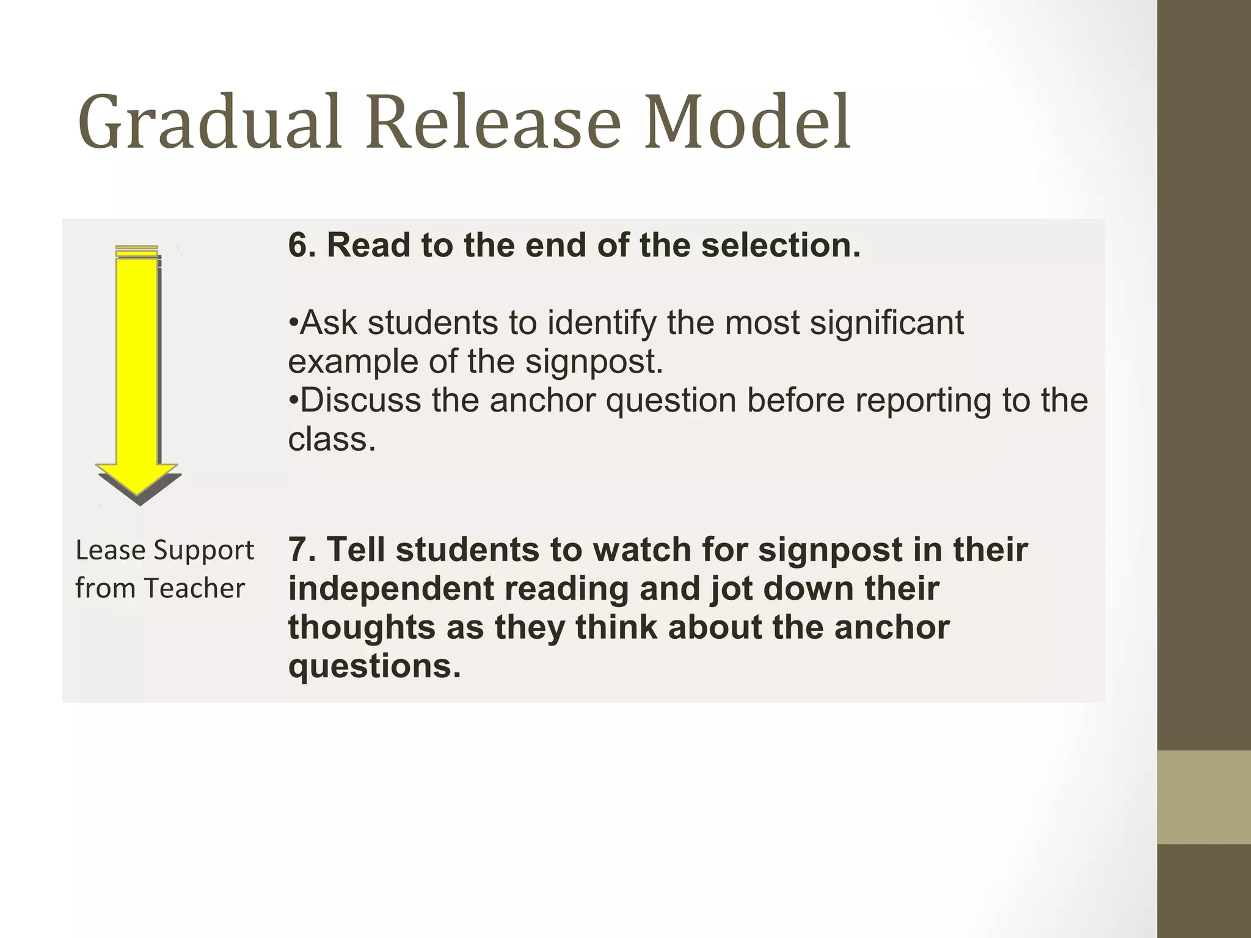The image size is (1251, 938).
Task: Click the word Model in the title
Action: point(747,122)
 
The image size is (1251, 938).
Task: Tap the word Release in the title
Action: point(493,122)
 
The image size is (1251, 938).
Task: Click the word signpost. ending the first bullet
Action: point(594,362)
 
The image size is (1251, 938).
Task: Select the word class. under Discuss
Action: point(332,439)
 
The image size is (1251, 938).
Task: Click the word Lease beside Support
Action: point(110,550)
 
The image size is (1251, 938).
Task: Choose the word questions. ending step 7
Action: point(374,666)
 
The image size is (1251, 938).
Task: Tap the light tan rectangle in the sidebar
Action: point(1204,797)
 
